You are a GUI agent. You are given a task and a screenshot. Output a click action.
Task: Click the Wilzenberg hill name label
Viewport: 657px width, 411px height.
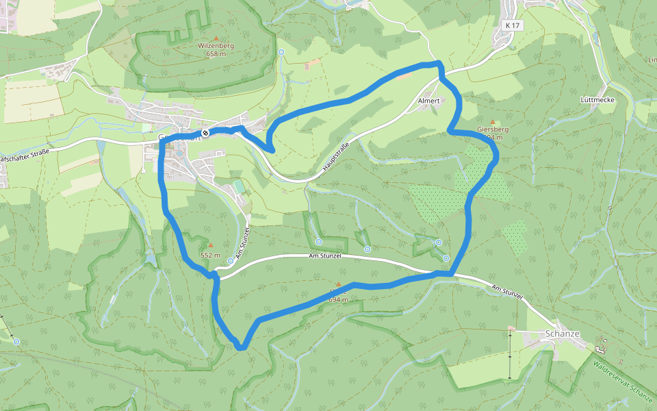(x=216, y=46)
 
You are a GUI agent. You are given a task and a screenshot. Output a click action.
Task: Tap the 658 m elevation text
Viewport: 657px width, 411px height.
(x=216, y=54)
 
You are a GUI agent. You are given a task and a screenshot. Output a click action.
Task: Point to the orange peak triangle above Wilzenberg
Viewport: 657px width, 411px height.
(x=217, y=38)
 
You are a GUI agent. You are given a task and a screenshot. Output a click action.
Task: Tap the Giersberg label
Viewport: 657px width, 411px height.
(x=492, y=129)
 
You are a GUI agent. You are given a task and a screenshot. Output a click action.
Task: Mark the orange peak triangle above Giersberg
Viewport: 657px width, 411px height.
(x=491, y=121)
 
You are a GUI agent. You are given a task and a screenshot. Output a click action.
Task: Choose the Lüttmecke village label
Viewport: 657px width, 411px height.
(x=597, y=100)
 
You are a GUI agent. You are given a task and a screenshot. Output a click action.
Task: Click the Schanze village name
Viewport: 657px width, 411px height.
(x=563, y=334)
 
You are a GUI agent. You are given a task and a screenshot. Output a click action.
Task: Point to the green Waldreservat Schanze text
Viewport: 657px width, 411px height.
(x=623, y=384)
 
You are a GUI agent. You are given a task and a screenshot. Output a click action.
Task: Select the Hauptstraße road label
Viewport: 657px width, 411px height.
(x=336, y=158)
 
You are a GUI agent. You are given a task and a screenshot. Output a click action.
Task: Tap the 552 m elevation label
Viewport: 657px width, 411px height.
(x=210, y=255)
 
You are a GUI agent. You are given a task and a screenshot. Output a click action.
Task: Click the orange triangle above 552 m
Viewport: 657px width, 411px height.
(x=211, y=245)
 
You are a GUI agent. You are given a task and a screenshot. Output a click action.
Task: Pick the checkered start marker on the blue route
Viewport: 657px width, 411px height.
(x=205, y=133)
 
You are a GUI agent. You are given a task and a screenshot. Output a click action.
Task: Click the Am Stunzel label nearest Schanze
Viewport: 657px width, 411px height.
(x=507, y=291)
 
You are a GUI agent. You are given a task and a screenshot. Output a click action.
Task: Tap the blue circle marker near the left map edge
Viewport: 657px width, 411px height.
(x=16, y=341)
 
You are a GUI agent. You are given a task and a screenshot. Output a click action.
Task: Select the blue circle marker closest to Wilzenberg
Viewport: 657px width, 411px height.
(x=281, y=52)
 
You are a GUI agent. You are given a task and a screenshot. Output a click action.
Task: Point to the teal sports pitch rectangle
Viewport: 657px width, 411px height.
(x=238, y=186)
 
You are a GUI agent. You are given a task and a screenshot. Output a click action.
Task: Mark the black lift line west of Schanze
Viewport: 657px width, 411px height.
(x=510, y=353)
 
